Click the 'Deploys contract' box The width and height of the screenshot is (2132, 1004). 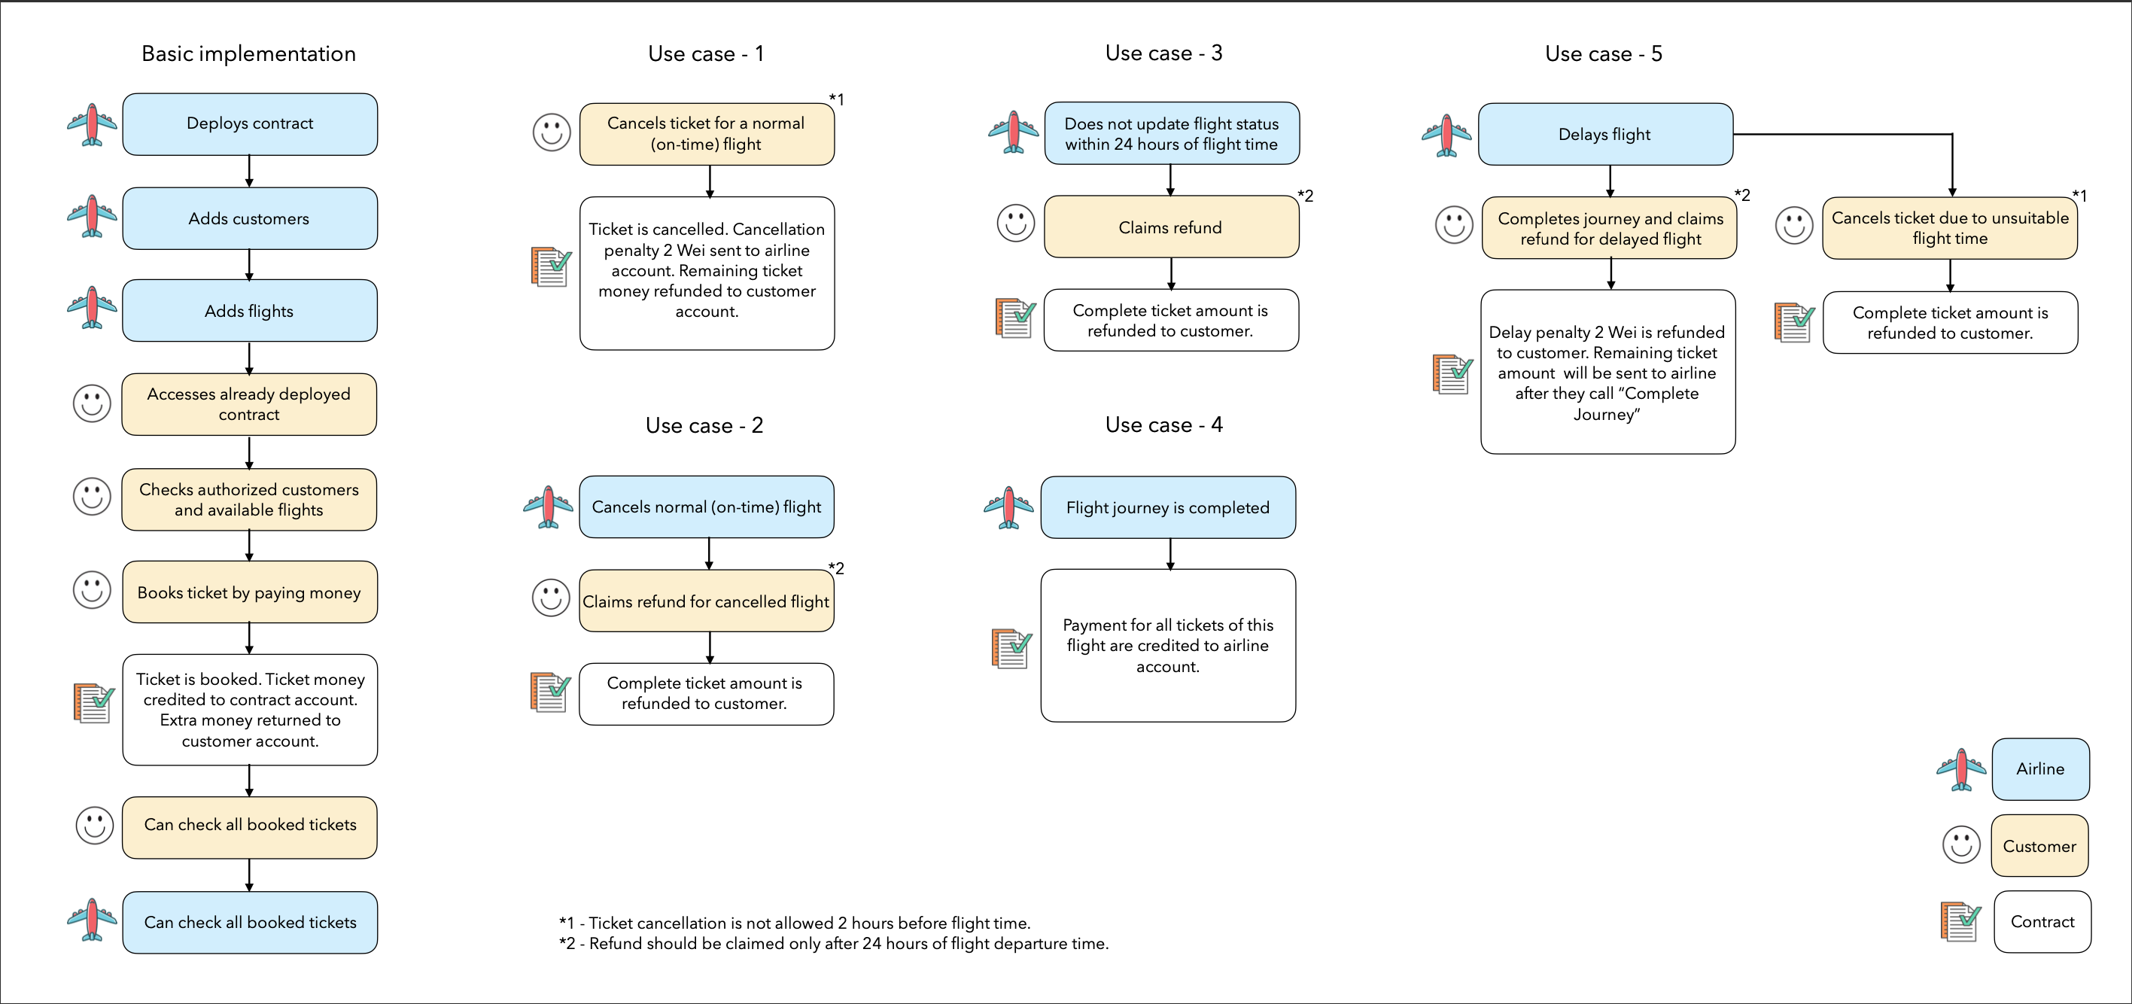[x=250, y=124]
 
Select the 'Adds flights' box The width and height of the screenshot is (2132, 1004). [x=250, y=310]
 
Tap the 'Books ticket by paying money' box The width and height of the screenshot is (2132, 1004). [x=250, y=592]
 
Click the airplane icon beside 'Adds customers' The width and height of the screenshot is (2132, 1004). [x=92, y=216]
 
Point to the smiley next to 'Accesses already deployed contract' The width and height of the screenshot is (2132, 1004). [x=92, y=404]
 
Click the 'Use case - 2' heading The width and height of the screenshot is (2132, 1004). [x=704, y=425]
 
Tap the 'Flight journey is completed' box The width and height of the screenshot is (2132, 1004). [x=1168, y=507]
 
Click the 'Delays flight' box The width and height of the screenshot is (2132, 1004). [x=1604, y=134]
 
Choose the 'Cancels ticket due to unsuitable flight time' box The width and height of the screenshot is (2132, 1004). [x=1949, y=227]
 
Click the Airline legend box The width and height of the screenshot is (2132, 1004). [x=2040, y=769]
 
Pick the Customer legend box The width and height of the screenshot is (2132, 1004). [x=2039, y=846]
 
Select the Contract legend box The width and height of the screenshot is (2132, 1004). [x=2042, y=921]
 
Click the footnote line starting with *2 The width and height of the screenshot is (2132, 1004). [x=833, y=944]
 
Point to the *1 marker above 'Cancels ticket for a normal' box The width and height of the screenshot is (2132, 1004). [x=837, y=99]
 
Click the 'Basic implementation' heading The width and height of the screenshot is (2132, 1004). [x=248, y=53]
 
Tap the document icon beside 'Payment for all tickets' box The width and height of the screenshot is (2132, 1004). [x=1011, y=648]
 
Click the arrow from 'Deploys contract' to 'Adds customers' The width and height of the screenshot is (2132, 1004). [x=249, y=172]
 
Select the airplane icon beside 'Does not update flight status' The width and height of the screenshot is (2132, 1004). [x=1013, y=132]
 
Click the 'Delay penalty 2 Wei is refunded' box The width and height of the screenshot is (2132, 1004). [x=1607, y=372]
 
